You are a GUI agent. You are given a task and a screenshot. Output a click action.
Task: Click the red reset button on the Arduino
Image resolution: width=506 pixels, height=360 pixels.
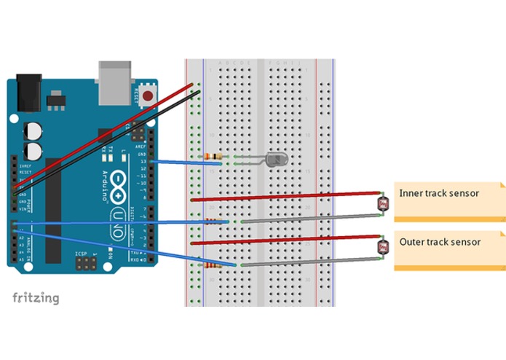(148, 95)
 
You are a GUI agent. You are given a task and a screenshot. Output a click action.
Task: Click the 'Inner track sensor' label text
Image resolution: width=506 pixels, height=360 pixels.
(439, 193)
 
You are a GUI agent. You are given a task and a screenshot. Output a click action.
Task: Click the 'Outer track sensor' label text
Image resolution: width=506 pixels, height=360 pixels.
(440, 242)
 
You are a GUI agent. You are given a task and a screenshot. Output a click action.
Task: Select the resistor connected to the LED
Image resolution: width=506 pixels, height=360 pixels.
(213, 157)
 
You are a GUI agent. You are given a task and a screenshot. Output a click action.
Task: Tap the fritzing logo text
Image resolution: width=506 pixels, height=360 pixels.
(36, 298)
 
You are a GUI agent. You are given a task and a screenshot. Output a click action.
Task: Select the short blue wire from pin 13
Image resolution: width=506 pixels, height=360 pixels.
(178, 162)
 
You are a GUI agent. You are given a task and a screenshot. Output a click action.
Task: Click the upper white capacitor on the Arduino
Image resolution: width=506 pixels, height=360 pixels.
(32, 130)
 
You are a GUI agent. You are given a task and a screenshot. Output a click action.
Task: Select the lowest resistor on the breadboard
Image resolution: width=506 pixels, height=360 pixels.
(211, 267)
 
